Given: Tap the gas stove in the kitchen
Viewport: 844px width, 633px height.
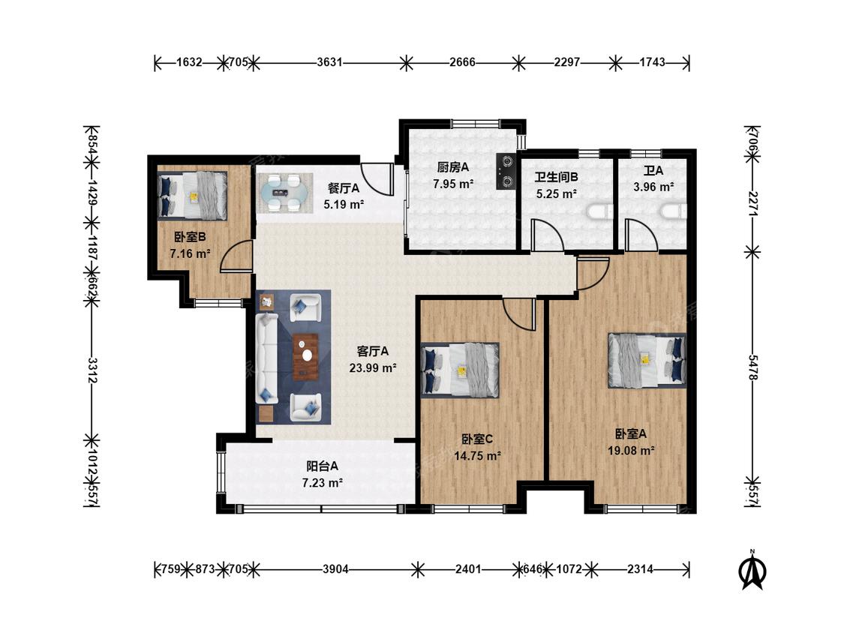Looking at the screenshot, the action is (506, 172).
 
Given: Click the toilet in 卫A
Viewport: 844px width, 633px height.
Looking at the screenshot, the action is (674, 211).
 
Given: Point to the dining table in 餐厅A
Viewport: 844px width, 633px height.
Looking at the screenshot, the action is (284, 193).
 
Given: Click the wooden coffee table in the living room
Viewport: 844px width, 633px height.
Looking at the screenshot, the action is (306, 357).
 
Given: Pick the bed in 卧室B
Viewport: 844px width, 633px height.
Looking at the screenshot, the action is (192, 196).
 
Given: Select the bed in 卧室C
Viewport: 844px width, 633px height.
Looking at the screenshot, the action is (460, 370).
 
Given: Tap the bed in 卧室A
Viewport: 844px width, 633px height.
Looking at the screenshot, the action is (647, 360).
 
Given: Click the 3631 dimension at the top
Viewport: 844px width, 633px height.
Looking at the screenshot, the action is (329, 62).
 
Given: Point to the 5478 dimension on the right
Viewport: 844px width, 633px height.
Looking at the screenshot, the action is (752, 367).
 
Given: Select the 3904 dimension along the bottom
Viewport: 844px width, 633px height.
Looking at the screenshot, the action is (336, 569).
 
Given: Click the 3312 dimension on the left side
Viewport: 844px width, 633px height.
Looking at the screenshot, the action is (92, 370).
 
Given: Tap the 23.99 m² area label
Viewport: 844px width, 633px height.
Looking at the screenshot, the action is (373, 368).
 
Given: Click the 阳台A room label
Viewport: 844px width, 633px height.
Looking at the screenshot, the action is (323, 466).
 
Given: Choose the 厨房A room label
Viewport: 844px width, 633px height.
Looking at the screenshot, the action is (453, 167).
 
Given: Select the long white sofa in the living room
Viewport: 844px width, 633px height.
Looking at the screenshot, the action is (266, 359).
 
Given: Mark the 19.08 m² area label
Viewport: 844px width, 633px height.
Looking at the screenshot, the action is (632, 451).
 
